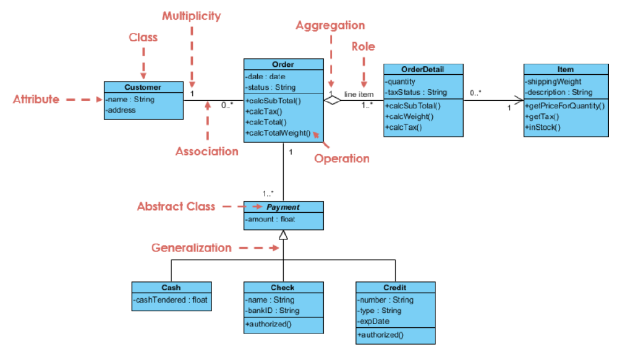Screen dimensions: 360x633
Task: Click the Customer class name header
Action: [x=143, y=87]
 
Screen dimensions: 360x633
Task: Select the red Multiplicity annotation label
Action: [x=191, y=16]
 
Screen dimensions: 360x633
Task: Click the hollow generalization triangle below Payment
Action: [x=283, y=234]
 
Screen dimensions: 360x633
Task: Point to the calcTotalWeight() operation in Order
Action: [x=278, y=133]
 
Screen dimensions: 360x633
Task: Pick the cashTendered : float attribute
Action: [x=171, y=299]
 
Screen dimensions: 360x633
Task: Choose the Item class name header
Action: [x=565, y=69]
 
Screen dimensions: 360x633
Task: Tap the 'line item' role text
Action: [x=359, y=94]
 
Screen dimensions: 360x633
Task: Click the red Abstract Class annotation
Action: [x=176, y=207]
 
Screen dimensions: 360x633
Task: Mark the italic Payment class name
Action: [x=283, y=207]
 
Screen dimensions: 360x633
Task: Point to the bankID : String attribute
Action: [x=273, y=311]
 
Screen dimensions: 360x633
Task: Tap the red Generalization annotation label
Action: [x=192, y=248]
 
